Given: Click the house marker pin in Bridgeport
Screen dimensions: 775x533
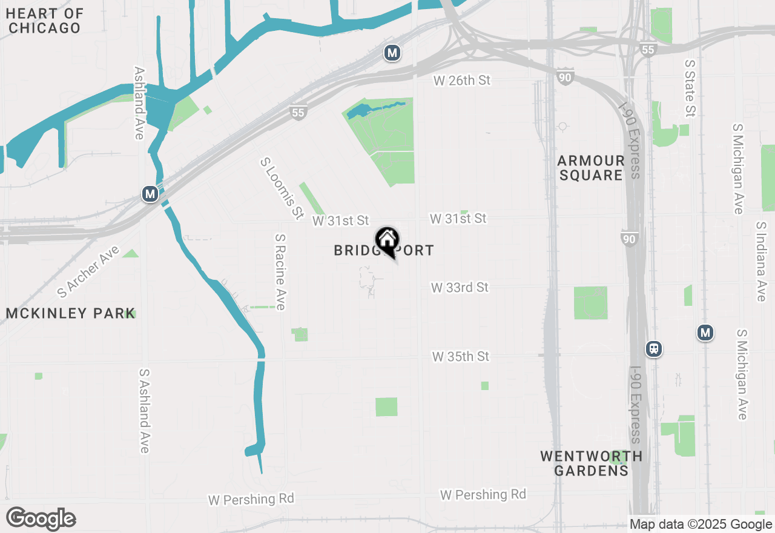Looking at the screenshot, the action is [x=387, y=242].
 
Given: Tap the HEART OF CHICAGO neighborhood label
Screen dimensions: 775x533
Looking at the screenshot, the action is [x=45, y=21].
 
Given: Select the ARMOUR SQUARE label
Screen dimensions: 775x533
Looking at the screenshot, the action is [x=591, y=168].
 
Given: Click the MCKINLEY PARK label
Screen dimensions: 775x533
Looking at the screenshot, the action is [x=70, y=313].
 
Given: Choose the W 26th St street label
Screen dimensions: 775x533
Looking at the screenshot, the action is [x=461, y=81].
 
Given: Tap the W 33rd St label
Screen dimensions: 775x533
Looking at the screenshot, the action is [x=460, y=287].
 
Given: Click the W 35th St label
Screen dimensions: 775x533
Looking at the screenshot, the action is [x=460, y=356].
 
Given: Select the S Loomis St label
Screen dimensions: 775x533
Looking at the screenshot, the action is [x=282, y=188].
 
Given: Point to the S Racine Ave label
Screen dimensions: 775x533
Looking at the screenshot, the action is [x=280, y=273].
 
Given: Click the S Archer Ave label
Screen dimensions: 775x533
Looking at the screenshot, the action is [x=88, y=272].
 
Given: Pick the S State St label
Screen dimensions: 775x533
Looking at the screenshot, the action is [x=690, y=88].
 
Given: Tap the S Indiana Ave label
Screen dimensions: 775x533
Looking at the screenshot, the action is [x=762, y=261].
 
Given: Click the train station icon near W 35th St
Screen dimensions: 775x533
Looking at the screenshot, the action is [x=654, y=349].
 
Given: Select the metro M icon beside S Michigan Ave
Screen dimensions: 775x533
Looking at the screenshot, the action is [x=705, y=333].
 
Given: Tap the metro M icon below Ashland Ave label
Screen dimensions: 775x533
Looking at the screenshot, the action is [x=150, y=194].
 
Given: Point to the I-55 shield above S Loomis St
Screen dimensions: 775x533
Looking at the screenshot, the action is [x=298, y=112].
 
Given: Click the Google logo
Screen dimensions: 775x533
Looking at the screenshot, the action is [x=41, y=519].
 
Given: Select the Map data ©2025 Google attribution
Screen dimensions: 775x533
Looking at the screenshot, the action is [x=701, y=525].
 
